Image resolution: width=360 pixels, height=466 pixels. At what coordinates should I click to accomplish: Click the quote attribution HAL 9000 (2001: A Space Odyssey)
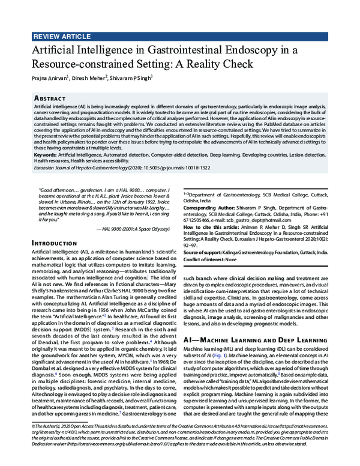click(134, 229)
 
